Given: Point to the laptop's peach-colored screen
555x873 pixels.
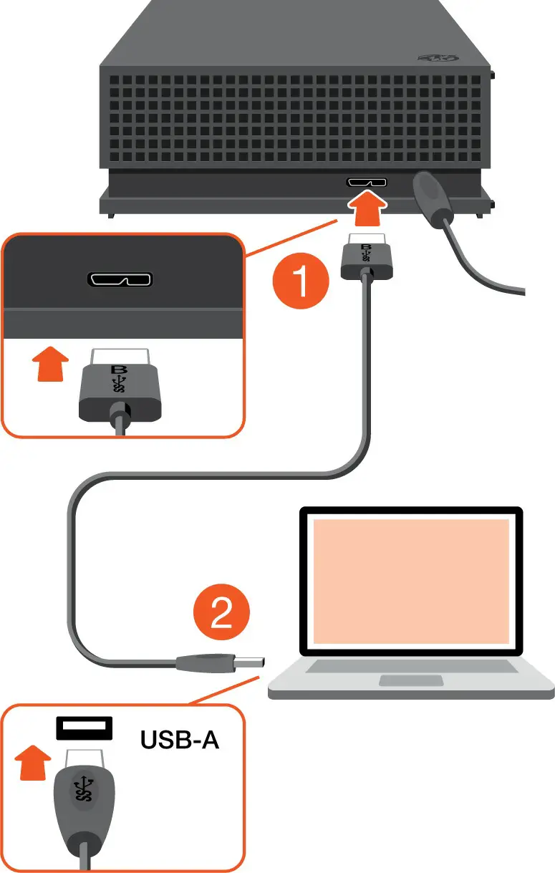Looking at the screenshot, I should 410,581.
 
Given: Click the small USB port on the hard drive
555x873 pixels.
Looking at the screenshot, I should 367,182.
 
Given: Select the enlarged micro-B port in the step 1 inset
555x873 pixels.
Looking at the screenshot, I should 120,277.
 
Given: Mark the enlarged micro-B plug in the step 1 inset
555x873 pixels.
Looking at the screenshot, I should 119,390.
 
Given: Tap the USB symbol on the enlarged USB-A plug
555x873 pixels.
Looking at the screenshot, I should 84,791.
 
